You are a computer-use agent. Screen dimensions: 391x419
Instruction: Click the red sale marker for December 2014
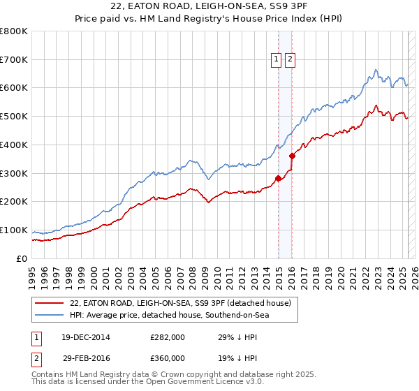coord(278,178)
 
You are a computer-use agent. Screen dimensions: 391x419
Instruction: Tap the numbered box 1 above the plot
coord(277,60)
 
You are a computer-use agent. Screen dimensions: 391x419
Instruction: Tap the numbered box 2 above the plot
coord(289,60)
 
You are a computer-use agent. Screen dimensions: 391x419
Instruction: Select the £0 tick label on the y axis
coord(22,258)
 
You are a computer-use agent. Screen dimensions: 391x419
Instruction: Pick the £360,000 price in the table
coord(168,357)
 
